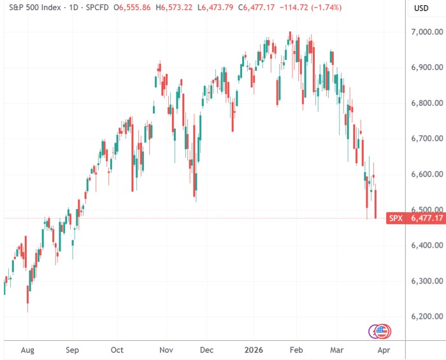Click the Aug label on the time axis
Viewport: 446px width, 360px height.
[x=28, y=350]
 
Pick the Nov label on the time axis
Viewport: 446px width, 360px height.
[x=166, y=350]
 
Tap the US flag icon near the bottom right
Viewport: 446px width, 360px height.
[x=383, y=331]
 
